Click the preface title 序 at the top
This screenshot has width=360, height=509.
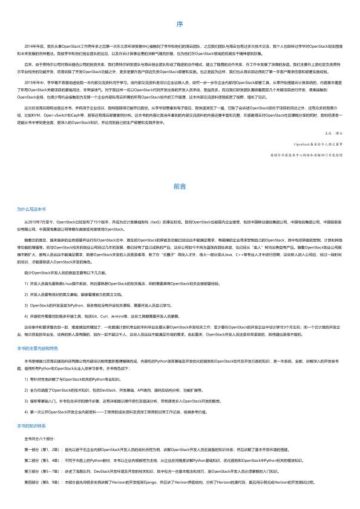pos(180,24)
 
